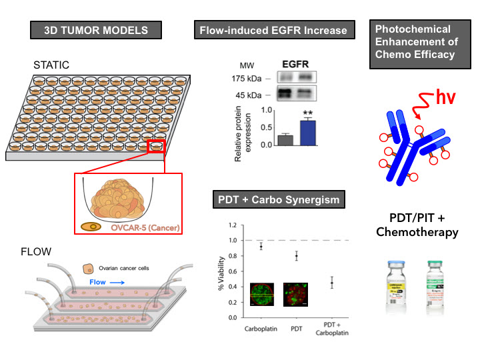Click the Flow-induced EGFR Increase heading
click(x=272, y=31)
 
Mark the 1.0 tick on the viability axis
click(x=233, y=240)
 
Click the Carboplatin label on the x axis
click(x=261, y=327)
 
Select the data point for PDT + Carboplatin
click(x=331, y=283)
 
